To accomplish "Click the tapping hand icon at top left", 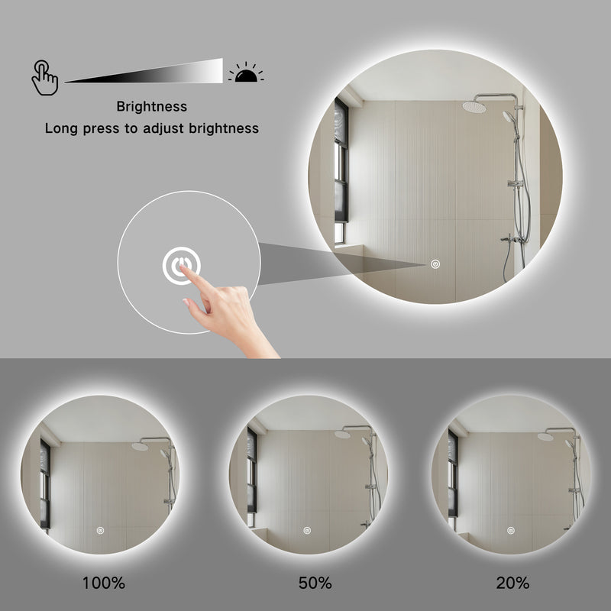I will point(44,77).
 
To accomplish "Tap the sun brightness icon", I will point(246,73).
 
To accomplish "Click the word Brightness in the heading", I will point(151,107).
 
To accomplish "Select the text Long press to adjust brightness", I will point(151,128).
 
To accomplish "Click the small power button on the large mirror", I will point(435,264).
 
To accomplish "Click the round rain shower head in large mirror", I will point(474,107).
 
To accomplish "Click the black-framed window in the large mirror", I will point(341,172).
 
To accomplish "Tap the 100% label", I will point(104,584).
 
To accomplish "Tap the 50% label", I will point(315,584).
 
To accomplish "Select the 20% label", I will point(512,584).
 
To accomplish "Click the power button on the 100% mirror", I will point(100,529).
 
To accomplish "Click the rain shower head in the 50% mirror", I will point(341,434).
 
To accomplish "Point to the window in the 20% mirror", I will point(453,474).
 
